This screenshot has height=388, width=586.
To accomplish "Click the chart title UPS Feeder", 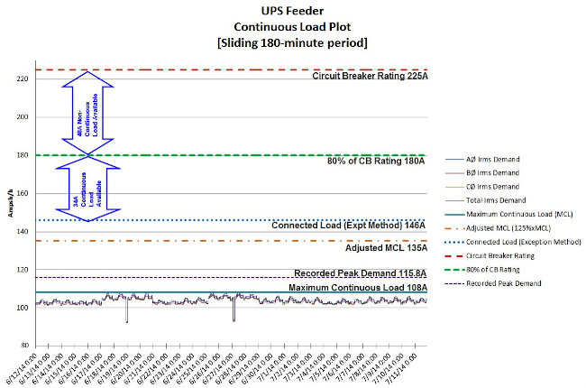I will click(293, 12).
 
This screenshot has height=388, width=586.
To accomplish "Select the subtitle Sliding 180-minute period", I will click(293, 43).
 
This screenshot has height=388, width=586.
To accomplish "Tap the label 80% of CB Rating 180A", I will click(375, 162).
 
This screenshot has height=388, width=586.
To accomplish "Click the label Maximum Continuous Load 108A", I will click(357, 288).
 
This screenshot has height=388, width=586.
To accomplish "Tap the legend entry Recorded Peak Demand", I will click(511, 282).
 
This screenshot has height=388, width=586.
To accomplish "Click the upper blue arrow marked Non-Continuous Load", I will click(87, 117).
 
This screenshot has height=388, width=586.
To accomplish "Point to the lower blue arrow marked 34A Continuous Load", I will click(87, 191).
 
